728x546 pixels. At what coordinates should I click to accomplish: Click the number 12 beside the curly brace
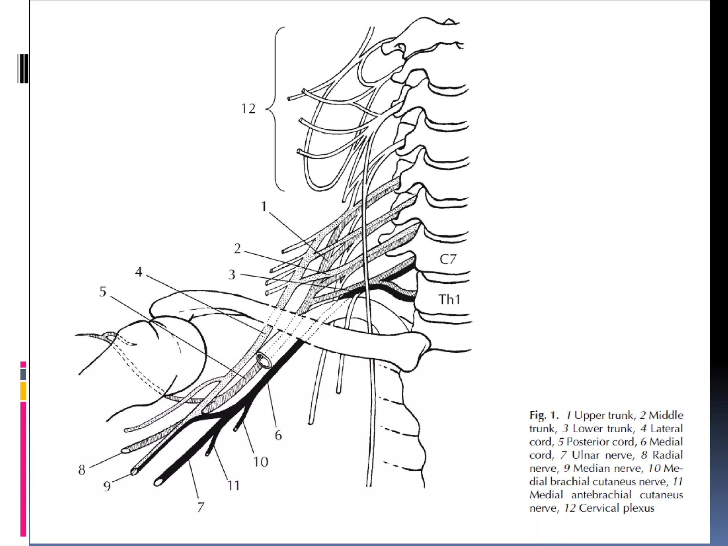(x=248, y=108)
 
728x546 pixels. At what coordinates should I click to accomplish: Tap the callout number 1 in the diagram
(x=264, y=206)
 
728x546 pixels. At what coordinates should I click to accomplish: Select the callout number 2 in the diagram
(x=237, y=248)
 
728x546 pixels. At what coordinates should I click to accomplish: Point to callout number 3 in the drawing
(x=232, y=274)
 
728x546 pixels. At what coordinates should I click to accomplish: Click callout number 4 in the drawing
(x=139, y=272)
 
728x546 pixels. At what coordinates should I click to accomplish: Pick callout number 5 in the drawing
(x=103, y=291)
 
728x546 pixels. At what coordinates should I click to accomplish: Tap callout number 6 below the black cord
(x=278, y=435)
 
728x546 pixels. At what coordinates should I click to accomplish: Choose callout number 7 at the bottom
(x=201, y=507)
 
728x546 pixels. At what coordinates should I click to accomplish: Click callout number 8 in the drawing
(x=82, y=470)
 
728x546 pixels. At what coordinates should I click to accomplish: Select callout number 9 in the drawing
(x=107, y=486)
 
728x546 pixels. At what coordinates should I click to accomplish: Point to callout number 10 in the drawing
(x=261, y=462)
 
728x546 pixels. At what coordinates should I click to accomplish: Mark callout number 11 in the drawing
(x=234, y=485)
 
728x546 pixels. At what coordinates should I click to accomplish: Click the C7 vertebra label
(x=448, y=259)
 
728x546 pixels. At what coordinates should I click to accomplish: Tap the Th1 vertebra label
(x=449, y=300)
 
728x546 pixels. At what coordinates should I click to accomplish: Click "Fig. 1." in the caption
(x=544, y=415)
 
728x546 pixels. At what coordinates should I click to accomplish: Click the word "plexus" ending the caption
(x=638, y=508)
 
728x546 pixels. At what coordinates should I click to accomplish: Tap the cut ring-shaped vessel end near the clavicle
(x=264, y=361)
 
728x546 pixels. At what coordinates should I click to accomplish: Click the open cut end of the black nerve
(x=157, y=482)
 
